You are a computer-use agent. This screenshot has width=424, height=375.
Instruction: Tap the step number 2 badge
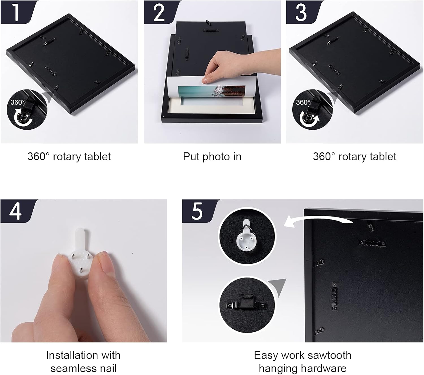[160, 12]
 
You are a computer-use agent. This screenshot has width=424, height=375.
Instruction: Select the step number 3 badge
[302, 12]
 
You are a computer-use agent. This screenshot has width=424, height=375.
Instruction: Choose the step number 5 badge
[199, 211]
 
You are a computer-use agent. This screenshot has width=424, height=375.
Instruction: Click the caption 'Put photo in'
[212, 157]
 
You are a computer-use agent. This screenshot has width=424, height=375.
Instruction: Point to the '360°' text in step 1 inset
[18, 102]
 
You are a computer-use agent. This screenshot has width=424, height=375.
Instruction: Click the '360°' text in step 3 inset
[303, 102]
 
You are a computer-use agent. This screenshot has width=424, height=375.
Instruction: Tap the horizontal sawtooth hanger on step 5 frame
[372, 243]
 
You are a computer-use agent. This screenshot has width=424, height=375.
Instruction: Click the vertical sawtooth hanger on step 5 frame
[335, 296]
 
